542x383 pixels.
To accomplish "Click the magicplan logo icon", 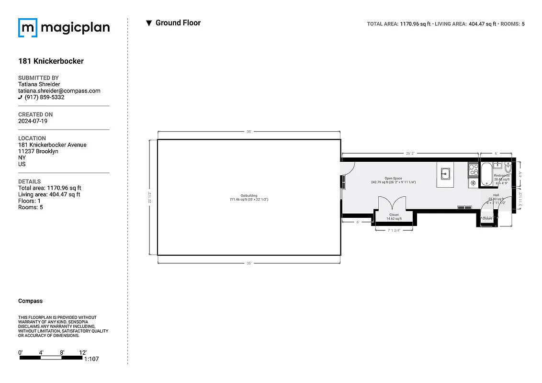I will (x=27, y=28).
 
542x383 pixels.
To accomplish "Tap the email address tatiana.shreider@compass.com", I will (x=59, y=90).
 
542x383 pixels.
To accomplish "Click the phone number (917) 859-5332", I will (x=44, y=97).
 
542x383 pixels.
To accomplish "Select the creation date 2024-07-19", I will (x=33, y=121).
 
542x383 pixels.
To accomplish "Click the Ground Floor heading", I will (x=178, y=23).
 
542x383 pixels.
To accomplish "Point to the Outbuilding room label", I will (x=249, y=196).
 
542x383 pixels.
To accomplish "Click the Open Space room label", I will (x=393, y=179).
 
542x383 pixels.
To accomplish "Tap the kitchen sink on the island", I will (x=445, y=173).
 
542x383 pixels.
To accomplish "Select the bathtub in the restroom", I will (x=486, y=173).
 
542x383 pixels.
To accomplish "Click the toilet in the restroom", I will (x=508, y=169).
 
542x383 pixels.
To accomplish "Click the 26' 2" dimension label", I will (x=410, y=153).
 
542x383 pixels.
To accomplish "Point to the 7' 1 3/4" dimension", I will (x=394, y=230).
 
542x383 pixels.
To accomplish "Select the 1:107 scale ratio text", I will (x=91, y=359).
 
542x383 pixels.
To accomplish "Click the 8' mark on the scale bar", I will (x=62, y=352).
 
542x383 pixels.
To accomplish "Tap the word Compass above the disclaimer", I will (x=30, y=301).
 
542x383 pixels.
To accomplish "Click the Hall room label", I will (x=496, y=195).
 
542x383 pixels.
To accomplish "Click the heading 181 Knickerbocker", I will (x=51, y=61).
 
